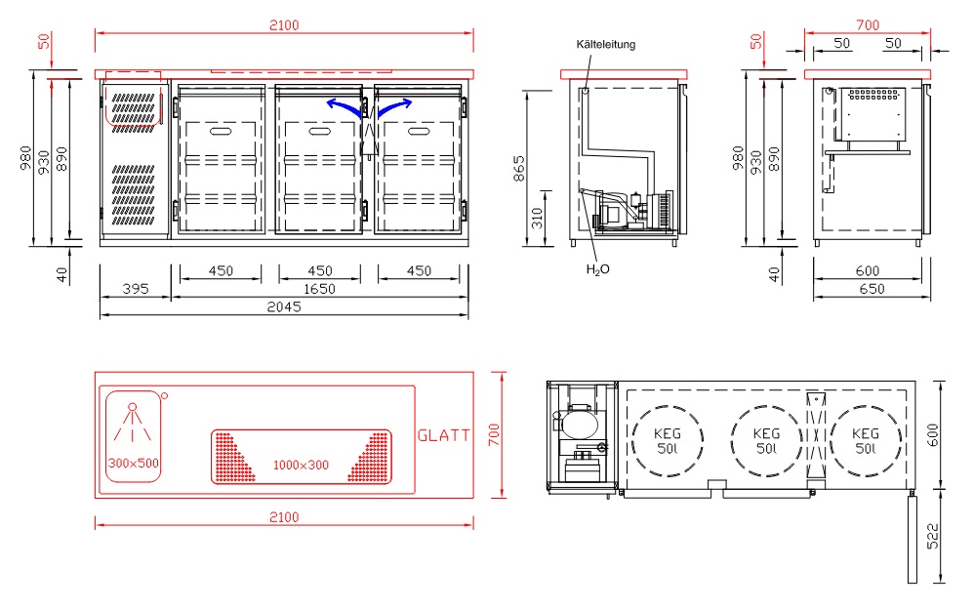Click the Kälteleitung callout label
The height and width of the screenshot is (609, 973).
point(606,45)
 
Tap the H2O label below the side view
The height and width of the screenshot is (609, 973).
point(597,269)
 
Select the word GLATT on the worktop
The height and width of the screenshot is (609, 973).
point(444,436)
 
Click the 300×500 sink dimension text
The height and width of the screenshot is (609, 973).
point(134,464)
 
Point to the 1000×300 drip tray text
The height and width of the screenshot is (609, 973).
point(301,465)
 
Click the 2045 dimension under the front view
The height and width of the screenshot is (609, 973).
point(284,306)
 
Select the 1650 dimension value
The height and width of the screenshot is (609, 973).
point(319,289)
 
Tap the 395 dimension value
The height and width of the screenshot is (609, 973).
point(136,289)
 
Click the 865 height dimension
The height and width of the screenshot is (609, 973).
point(519,168)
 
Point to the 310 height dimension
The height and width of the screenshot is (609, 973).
point(537,218)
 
